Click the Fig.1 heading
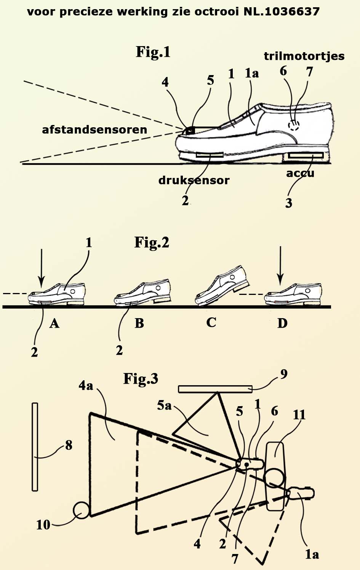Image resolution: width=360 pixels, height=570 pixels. (x=153, y=52)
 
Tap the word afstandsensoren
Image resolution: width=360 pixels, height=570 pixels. (x=94, y=130)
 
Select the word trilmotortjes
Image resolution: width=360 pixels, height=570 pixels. (x=304, y=56)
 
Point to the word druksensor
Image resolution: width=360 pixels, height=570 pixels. (x=194, y=180)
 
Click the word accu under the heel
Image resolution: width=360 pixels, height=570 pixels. (x=300, y=173)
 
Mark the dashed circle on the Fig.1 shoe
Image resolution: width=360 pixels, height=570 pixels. (x=293, y=125)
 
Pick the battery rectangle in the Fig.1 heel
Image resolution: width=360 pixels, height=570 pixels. (x=306, y=155)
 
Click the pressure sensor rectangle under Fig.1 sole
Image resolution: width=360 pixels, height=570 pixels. (x=210, y=155)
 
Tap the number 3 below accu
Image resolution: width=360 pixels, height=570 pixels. (x=289, y=203)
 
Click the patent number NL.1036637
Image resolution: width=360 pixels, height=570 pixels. (x=282, y=12)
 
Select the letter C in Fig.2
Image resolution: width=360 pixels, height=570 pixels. (x=211, y=322)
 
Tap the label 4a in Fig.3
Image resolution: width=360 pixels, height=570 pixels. (x=86, y=386)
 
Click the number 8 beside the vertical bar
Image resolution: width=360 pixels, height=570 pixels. (x=69, y=445)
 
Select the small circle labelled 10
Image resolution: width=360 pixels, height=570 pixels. (x=81, y=510)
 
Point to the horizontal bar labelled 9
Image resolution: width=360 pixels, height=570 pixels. (x=215, y=389)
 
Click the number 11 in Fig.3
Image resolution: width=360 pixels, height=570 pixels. (x=299, y=414)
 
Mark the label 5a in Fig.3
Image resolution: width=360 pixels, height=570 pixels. (x=164, y=405)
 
